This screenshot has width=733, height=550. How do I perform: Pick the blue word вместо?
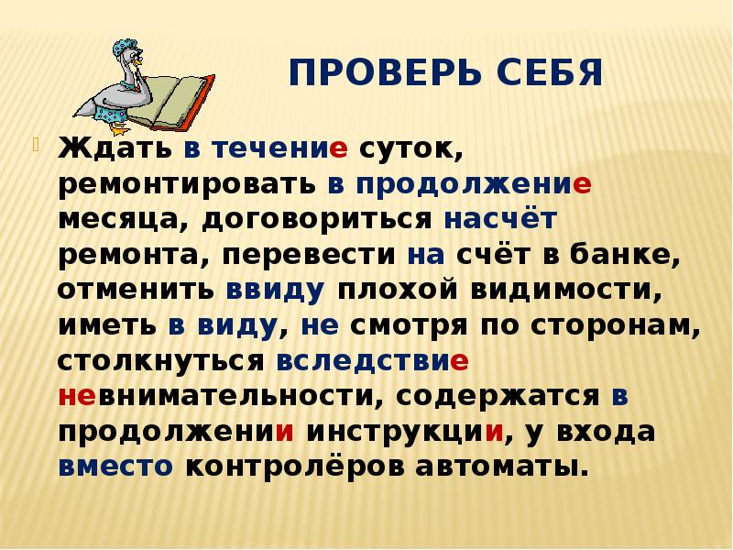pos(115,466)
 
